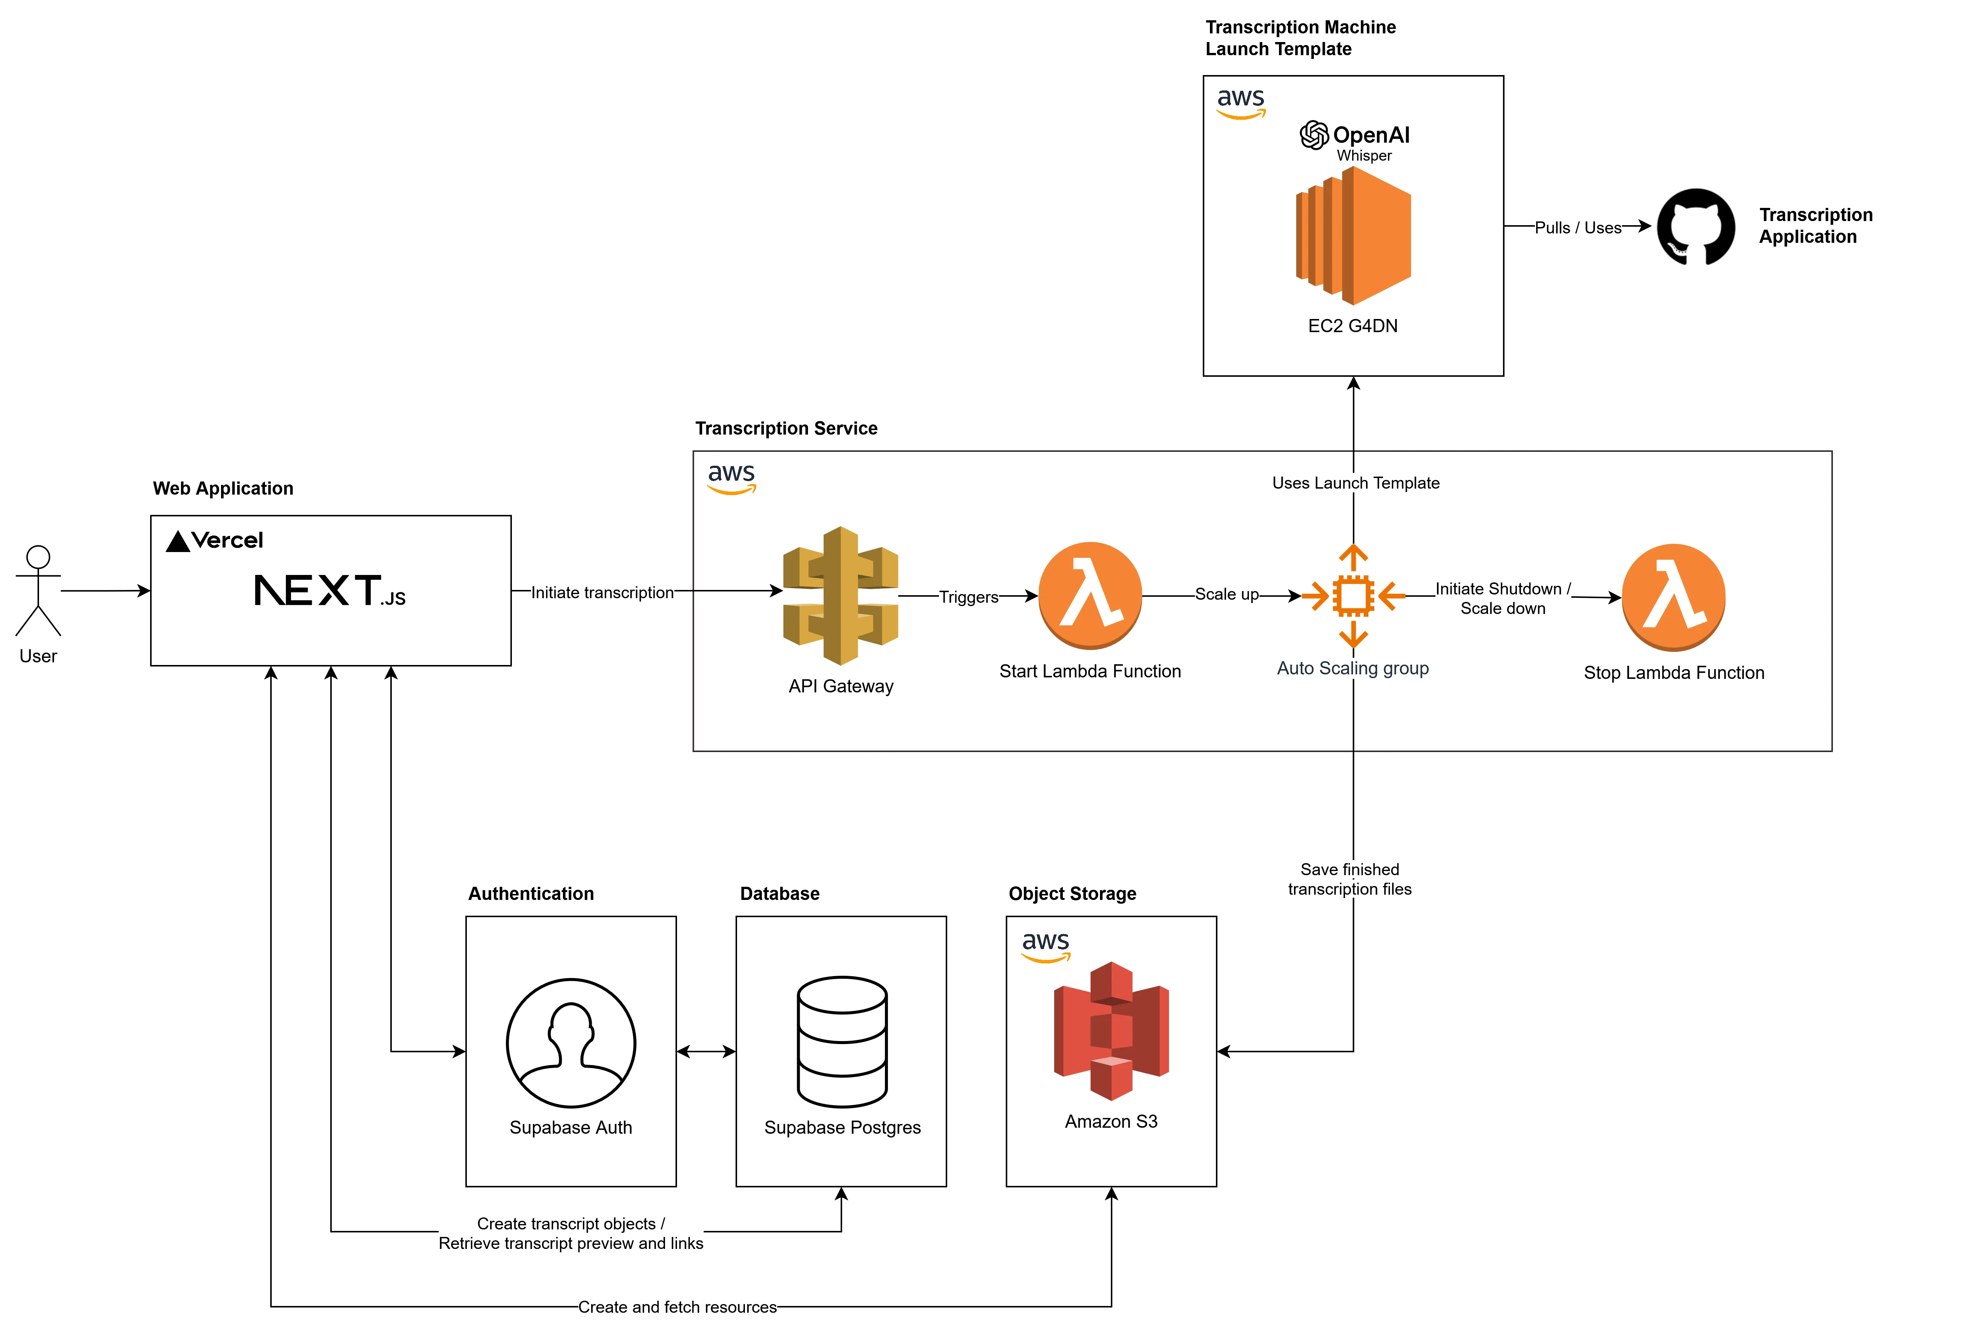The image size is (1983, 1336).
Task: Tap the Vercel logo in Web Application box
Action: pos(215,540)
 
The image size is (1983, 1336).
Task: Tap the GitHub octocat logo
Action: pos(1695,227)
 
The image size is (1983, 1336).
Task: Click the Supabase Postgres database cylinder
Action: pos(842,1041)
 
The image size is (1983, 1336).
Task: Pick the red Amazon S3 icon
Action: pos(1111,1031)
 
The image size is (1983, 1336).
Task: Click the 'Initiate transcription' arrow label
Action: pos(602,592)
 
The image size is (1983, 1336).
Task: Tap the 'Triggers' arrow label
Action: pos(969,597)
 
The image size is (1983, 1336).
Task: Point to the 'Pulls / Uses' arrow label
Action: pos(1578,227)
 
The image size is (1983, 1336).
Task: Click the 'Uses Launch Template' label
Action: pos(1355,483)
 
